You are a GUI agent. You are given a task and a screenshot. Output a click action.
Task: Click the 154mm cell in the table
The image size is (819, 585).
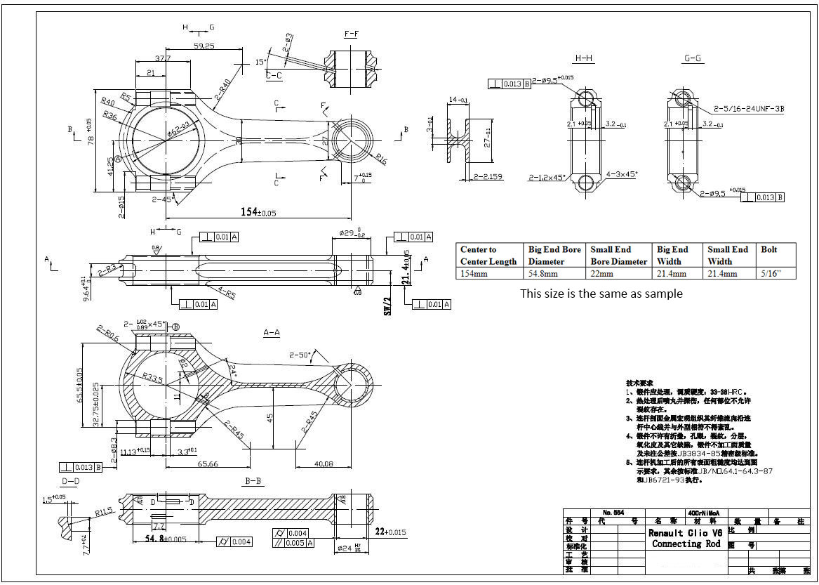475,274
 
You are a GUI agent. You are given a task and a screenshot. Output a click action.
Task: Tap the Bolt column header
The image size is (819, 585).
770,249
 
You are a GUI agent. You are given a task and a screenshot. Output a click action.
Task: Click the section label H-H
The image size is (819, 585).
584,58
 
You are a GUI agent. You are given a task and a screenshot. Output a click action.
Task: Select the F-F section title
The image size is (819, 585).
352,34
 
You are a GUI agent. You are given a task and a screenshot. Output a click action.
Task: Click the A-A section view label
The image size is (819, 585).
272,331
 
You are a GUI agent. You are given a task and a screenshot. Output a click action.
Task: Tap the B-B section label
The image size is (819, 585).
253,481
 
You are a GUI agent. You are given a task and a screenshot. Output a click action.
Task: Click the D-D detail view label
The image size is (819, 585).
70,482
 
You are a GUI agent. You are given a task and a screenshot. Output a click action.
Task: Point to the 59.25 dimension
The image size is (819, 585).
204,46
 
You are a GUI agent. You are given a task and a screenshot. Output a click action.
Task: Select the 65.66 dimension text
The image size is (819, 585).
208,464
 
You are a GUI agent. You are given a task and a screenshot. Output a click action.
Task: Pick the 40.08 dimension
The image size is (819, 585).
324,464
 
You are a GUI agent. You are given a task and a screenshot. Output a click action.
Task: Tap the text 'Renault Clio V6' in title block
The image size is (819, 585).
685,533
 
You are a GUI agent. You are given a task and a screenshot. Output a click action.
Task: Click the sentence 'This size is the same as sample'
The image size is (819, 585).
601,294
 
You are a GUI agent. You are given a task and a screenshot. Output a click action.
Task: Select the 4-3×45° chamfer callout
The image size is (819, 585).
622,173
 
